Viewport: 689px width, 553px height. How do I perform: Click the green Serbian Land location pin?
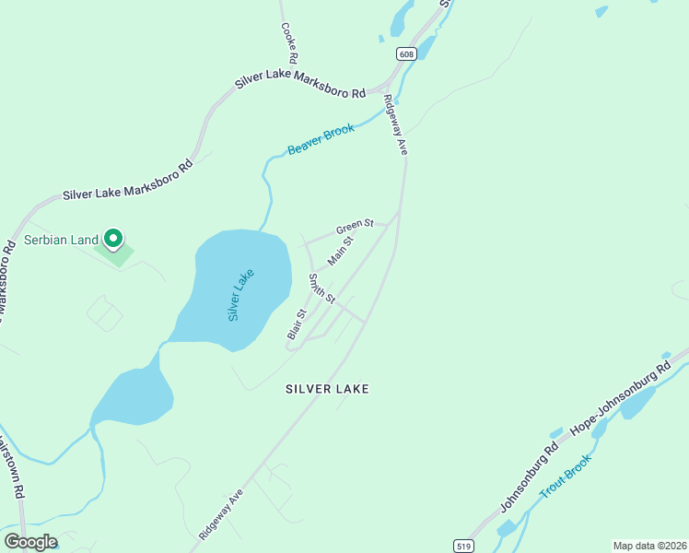click(x=113, y=240)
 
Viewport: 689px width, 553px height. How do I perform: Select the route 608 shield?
click(x=407, y=54)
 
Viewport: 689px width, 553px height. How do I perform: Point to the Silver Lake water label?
click(x=240, y=294)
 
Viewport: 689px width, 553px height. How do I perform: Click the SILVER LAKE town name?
click(x=327, y=389)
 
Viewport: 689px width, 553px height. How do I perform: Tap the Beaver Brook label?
click(x=321, y=139)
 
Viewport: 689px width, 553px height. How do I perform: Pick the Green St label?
click(x=355, y=226)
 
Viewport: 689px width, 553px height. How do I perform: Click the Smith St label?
click(x=321, y=288)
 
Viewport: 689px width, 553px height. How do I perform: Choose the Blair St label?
click(x=296, y=325)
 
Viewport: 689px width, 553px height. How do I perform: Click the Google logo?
click(x=30, y=542)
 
